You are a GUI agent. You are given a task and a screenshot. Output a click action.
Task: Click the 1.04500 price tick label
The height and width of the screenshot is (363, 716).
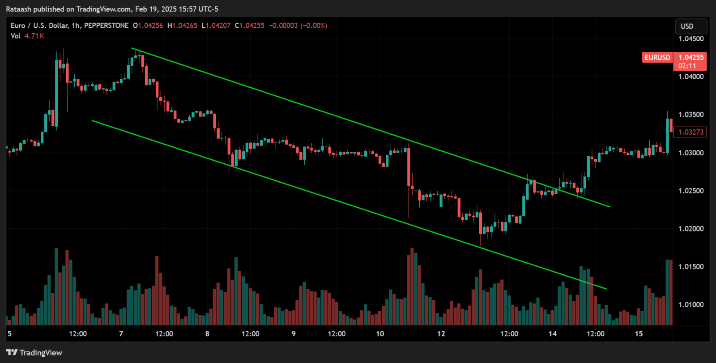pyautogui.click(x=691, y=39)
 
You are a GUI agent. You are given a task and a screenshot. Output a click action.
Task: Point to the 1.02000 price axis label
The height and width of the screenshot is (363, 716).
pyautogui.click(x=691, y=229)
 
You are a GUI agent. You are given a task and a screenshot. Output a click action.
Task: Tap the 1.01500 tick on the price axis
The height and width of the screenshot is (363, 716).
pyautogui.click(x=691, y=267)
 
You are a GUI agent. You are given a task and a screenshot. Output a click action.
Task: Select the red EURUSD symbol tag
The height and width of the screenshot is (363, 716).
pyautogui.click(x=657, y=57)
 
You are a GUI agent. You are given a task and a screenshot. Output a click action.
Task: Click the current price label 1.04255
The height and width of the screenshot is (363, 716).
pyautogui.click(x=691, y=57)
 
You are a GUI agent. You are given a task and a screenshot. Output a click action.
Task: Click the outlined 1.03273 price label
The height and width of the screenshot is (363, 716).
pyautogui.click(x=691, y=132)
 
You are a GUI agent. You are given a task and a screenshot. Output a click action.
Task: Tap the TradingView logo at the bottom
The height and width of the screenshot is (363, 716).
pyautogui.click(x=34, y=353)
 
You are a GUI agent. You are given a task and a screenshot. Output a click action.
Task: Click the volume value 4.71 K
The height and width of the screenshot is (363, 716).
pyautogui.click(x=34, y=36)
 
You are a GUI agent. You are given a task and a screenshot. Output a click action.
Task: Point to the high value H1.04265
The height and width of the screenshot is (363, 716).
pyautogui.click(x=182, y=26)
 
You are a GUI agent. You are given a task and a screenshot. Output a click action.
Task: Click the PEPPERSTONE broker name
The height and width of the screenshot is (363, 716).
pyautogui.click(x=106, y=26)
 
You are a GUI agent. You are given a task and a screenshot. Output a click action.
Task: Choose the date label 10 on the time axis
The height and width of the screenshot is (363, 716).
pyautogui.click(x=380, y=334)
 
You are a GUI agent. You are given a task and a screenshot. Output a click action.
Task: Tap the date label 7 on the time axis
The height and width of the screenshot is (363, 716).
pyautogui.click(x=121, y=334)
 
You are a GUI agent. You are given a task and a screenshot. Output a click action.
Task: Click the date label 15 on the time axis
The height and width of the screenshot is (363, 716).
pyautogui.click(x=639, y=334)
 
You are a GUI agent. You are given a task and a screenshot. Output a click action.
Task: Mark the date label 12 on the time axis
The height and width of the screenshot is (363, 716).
pyautogui.click(x=441, y=334)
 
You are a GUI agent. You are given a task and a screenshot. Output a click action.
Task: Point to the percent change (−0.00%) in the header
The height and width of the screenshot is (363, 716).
pyautogui.click(x=313, y=26)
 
